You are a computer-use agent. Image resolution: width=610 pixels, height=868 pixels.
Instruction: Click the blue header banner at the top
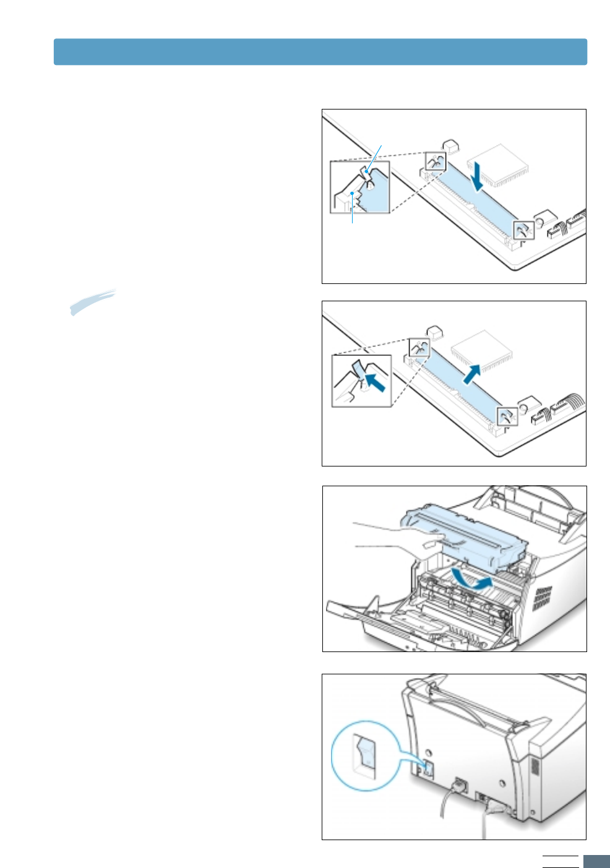320,52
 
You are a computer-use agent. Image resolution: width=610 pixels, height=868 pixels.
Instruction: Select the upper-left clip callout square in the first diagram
435,161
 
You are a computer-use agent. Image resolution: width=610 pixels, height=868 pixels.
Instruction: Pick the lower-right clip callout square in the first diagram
524,230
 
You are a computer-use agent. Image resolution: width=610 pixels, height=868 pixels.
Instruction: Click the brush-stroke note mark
92,302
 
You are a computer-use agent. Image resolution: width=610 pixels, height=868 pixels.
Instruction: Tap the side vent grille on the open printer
543,598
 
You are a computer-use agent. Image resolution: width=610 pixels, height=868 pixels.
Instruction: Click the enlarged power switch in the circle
365,755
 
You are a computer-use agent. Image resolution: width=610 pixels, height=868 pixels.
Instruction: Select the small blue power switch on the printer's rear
427,769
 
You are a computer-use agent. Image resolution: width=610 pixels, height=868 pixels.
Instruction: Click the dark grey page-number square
596,861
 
